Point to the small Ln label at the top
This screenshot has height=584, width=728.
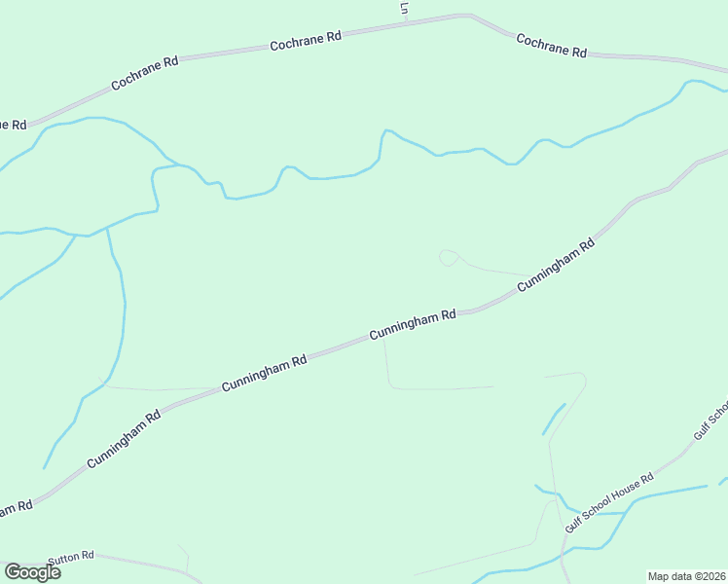coord(404,8)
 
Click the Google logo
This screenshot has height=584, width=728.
coord(32,572)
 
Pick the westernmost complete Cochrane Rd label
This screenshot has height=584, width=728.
coord(145,73)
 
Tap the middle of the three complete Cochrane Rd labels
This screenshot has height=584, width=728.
coord(306,41)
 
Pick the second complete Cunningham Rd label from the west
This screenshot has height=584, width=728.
coord(264,373)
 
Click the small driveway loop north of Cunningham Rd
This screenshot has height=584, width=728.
coord(448,257)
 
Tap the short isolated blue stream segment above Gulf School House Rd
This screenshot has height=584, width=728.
coord(553,420)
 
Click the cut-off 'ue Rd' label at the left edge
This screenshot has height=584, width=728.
coord(12,125)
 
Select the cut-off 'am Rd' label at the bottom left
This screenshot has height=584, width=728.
coord(16,508)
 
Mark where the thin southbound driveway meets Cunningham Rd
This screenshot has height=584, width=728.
coord(383,338)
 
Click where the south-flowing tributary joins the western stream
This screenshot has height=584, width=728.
coord(107,227)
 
